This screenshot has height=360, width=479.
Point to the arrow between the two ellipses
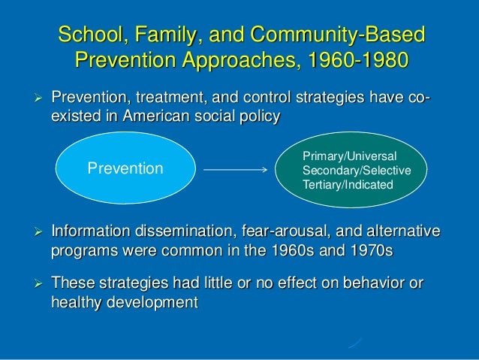point(236,169)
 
